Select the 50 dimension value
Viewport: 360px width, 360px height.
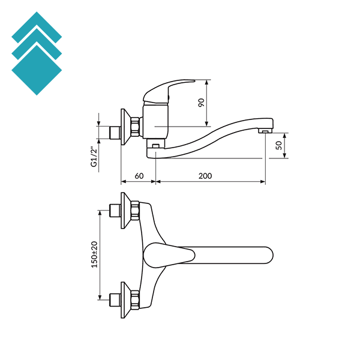point(279,145)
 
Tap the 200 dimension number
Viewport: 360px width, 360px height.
point(205,176)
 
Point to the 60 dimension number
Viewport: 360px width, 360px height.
point(139,176)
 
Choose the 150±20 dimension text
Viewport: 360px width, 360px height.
point(94,254)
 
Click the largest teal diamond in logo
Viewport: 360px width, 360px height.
point(37,69)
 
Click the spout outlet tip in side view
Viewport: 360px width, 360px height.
point(265,131)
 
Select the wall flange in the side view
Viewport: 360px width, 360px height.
point(125,126)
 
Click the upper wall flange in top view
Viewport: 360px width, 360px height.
point(125,210)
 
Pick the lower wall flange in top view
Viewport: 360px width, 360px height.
point(125,298)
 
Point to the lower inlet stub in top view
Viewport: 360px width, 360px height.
point(113,298)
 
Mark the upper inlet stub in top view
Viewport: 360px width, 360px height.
point(113,211)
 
